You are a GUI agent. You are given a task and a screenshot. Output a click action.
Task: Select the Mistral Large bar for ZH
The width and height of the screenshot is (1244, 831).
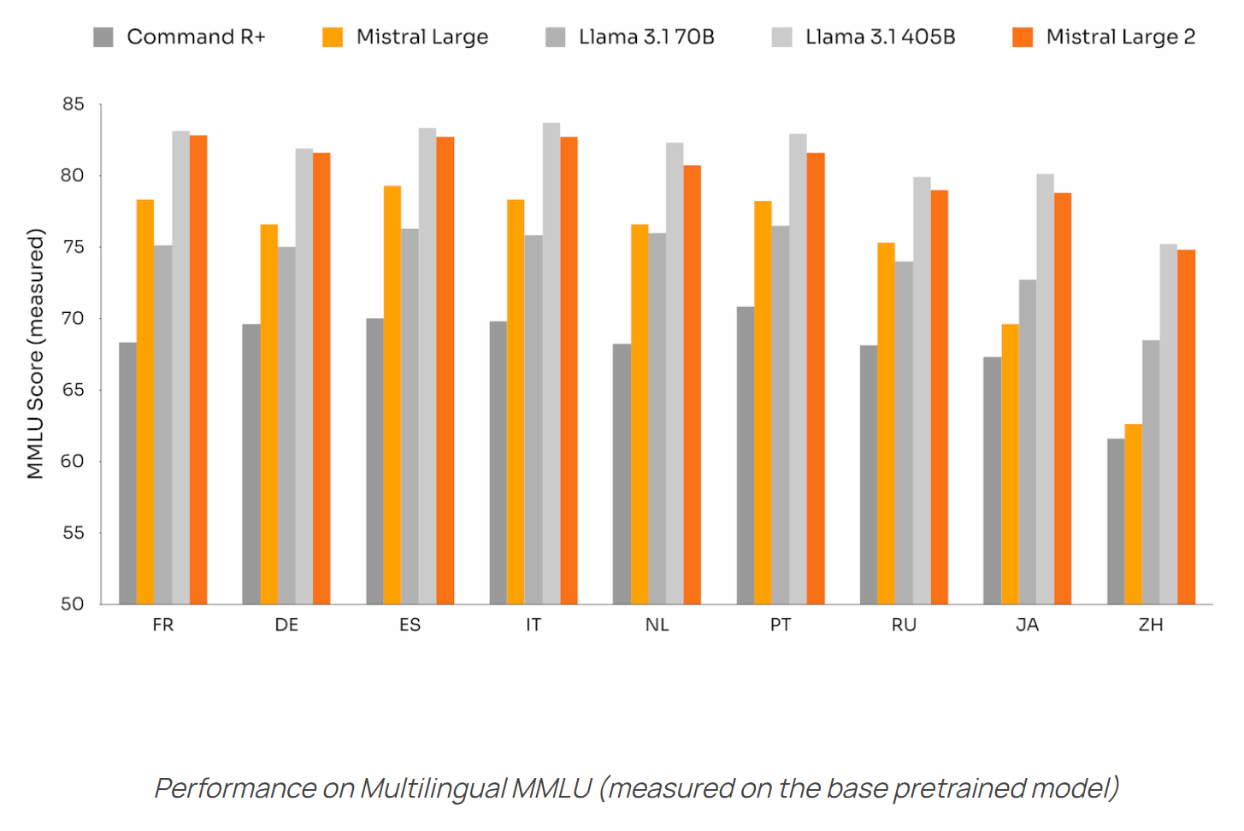[1133, 514]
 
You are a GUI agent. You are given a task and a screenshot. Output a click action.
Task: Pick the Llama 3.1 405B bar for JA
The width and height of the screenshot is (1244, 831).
[1045, 389]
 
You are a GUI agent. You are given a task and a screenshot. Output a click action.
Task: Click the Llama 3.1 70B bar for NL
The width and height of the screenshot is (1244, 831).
[657, 418]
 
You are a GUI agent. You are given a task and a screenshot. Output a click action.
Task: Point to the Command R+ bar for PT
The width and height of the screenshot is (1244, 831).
[746, 455]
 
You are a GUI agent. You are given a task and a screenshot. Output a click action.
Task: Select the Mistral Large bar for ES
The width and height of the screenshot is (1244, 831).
[392, 394]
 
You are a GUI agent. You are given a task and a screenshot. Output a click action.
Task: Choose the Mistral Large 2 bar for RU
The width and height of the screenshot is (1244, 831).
[939, 397]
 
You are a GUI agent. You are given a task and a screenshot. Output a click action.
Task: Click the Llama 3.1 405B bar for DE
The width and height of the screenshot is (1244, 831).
[304, 376]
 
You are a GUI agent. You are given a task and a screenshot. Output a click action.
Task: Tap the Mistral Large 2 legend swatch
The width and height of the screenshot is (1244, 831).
[1023, 37]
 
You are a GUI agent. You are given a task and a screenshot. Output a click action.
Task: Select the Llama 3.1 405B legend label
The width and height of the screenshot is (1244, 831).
[880, 37]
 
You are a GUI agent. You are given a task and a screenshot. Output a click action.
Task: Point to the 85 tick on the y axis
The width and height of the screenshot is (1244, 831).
[74, 104]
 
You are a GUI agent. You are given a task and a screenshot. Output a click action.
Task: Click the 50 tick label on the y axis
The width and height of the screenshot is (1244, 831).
[74, 604]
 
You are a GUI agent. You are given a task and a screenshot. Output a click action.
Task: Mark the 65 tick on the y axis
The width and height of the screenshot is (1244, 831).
[74, 390]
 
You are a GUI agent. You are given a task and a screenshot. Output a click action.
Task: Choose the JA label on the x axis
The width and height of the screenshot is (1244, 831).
[1027, 625]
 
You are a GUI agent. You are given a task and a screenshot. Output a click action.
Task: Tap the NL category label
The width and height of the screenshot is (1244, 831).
[657, 625]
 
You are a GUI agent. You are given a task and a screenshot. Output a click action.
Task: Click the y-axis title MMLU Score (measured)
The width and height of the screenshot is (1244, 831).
[35, 353]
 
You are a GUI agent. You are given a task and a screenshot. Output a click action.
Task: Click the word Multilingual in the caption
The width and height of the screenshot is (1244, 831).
[433, 787]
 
